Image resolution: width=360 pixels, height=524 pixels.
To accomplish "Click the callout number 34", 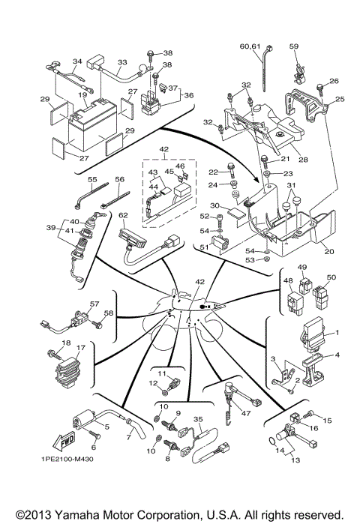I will pos(76,61).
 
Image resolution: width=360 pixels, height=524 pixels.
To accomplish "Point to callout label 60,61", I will pos(250,46).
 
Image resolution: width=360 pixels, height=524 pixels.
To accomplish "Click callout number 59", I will pos(294,46).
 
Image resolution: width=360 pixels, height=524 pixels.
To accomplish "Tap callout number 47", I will pos(244,413).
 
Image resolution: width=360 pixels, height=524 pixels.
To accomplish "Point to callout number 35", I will pos(198,419).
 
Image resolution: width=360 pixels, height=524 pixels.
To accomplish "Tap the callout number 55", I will pos(93,180).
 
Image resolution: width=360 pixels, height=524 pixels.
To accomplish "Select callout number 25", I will pos(338,99).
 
